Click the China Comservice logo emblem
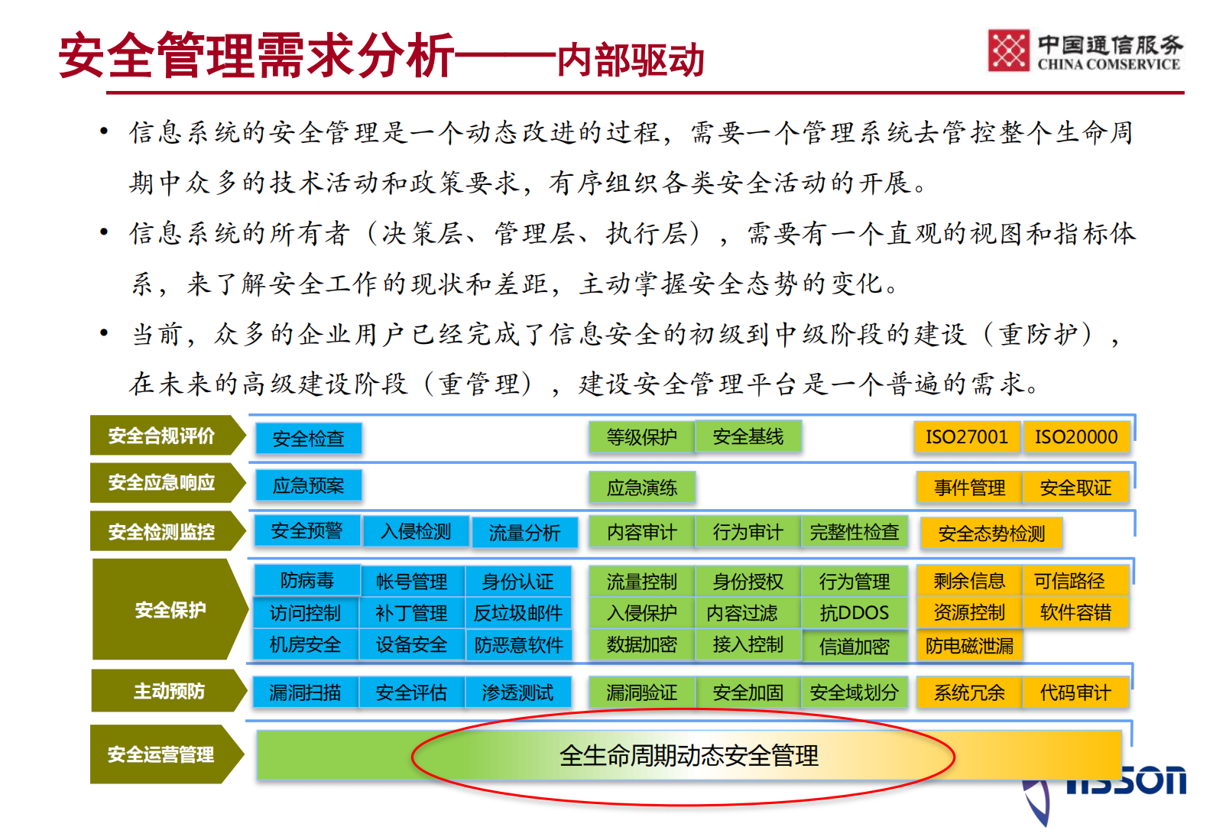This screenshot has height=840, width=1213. (x=1009, y=50)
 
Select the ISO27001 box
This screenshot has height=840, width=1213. (x=967, y=437)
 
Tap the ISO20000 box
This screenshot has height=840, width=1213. (x=1076, y=437)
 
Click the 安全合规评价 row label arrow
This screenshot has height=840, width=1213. (x=164, y=436)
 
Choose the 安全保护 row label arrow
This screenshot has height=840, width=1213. (x=170, y=610)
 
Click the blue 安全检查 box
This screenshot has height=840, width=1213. (x=308, y=439)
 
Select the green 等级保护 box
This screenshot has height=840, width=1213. (x=641, y=437)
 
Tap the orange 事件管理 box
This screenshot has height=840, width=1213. (x=969, y=488)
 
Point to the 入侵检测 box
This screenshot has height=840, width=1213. (x=416, y=531)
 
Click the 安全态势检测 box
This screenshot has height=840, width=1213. (x=991, y=534)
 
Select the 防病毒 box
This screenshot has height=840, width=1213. (x=306, y=581)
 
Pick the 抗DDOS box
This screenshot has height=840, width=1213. (x=854, y=613)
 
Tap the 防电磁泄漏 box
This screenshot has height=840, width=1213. (x=969, y=646)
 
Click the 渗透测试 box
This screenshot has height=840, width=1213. (x=517, y=692)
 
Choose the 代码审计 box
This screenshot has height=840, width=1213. (x=1075, y=692)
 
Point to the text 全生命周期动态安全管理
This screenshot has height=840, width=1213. (x=689, y=756)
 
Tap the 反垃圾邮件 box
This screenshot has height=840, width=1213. (x=518, y=613)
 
